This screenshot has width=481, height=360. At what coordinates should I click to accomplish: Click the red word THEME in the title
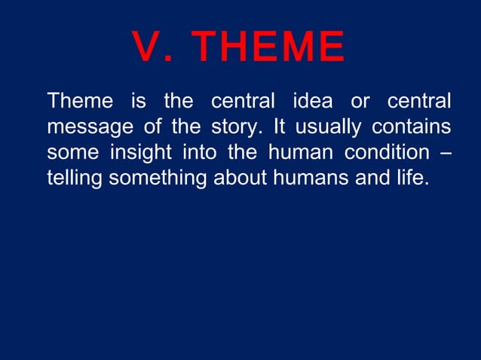tap(268, 47)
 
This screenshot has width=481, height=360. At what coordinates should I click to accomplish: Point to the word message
tap(87, 127)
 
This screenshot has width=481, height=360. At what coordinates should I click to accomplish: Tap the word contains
tap(413, 127)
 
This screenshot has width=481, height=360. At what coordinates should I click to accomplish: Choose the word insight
tap(140, 153)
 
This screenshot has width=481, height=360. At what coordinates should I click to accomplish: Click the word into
tap(199, 153)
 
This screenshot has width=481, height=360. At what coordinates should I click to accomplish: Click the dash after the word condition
tap(445, 153)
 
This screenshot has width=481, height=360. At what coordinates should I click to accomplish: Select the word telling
tap(75, 179)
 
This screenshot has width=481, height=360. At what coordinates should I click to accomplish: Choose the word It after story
tap(276, 127)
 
